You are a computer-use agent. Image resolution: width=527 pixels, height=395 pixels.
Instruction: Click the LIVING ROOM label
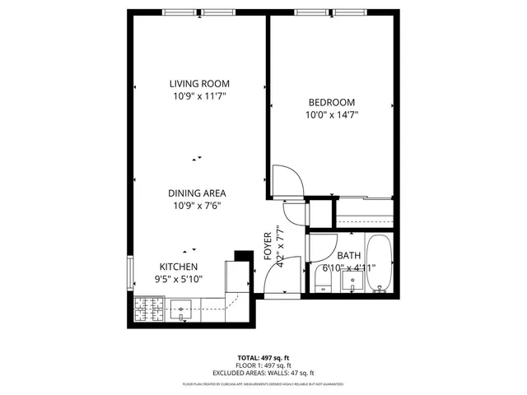tap(199, 83)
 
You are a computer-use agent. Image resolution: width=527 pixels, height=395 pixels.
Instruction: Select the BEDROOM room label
tap(331, 102)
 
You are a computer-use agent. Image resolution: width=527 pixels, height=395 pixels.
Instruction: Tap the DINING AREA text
tap(198, 193)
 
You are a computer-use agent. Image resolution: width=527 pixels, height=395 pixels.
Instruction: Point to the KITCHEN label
tap(178, 267)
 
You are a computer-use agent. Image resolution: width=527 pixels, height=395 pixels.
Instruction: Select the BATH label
tap(348, 256)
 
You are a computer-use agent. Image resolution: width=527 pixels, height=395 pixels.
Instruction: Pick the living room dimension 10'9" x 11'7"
tap(199, 96)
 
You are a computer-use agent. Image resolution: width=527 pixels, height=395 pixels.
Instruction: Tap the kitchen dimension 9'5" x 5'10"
tap(178, 280)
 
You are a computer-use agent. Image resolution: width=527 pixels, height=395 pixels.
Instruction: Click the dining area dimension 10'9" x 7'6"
tap(198, 206)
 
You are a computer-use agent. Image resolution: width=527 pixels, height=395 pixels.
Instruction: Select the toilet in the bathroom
tap(321, 281)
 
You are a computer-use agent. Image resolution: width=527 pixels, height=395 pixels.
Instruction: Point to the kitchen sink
tap(180, 309)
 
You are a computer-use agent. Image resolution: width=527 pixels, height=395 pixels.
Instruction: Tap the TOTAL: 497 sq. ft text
tap(263, 358)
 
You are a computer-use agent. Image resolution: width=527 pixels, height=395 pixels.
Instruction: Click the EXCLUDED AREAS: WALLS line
tap(263, 372)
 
